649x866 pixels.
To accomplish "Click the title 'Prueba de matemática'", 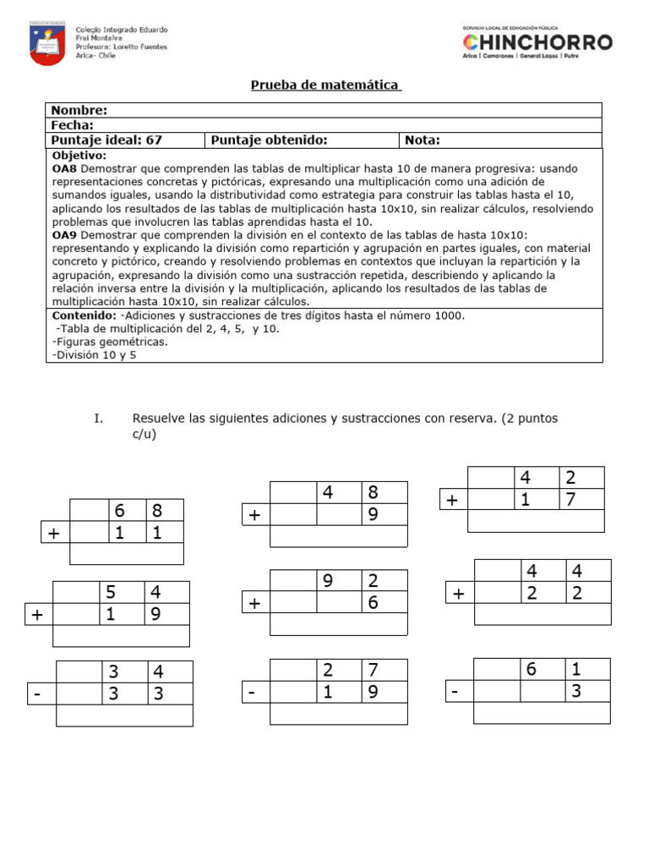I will pyautogui.click(x=325, y=85).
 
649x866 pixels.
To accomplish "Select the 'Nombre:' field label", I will pyautogui.click(x=79, y=110).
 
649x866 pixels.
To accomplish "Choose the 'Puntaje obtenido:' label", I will pyautogui.click(x=269, y=140).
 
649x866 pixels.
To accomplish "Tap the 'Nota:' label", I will pyautogui.click(x=423, y=140).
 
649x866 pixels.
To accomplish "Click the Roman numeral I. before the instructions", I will pyautogui.click(x=99, y=419).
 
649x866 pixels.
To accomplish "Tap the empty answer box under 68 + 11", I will pyautogui.click(x=126, y=554).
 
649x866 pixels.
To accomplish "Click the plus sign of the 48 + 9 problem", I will pyautogui.click(x=254, y=515).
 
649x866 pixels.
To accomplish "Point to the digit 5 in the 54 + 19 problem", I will pyautogui.click(x=110, y=592).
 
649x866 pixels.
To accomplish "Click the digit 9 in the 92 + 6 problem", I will pyautogui.click(x=328, y=580).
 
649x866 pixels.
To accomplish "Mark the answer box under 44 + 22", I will pyautogui.click(x=542, y=614).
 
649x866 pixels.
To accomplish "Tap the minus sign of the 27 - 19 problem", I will pyautogui.click(x=253, y=693).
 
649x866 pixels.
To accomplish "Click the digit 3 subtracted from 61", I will pyautogui.click(x=575, y=691).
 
